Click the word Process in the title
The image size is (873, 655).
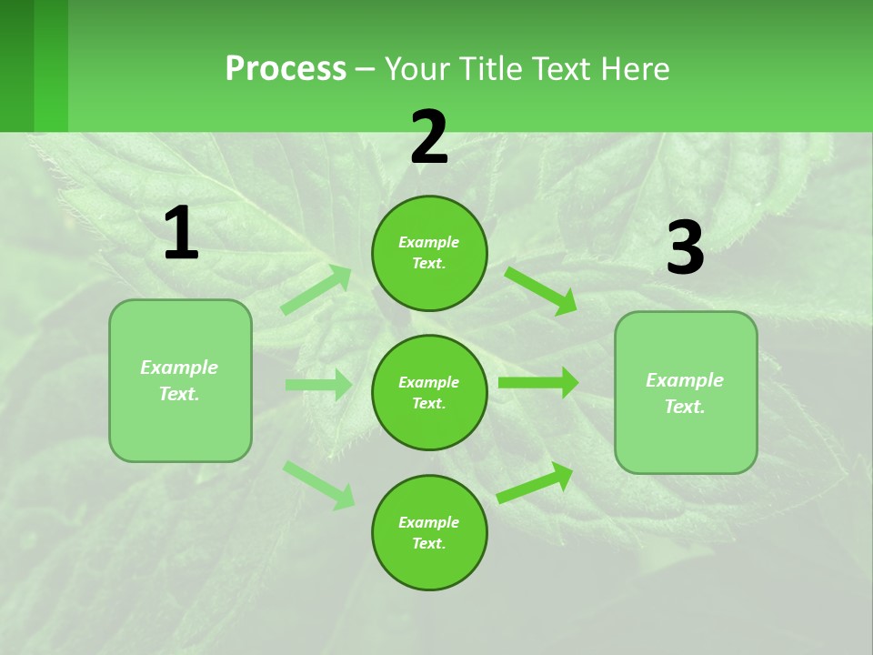point(286,69)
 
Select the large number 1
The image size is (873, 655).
point(181,234)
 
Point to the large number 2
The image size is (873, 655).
point(429,137)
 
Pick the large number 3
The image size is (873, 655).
point(686,248)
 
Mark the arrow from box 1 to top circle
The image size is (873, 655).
point(316,290)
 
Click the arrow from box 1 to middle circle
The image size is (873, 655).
point(318,385)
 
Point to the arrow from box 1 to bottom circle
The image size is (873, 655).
point(318,485)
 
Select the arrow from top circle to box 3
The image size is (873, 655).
point(540,288)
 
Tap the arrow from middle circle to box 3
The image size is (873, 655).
point(538,383)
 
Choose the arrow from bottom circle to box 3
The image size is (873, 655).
point(535,483)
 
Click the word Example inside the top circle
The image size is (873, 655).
point(429,242)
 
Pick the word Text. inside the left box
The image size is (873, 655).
point(179,394)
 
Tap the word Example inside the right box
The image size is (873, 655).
point(685,380)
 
